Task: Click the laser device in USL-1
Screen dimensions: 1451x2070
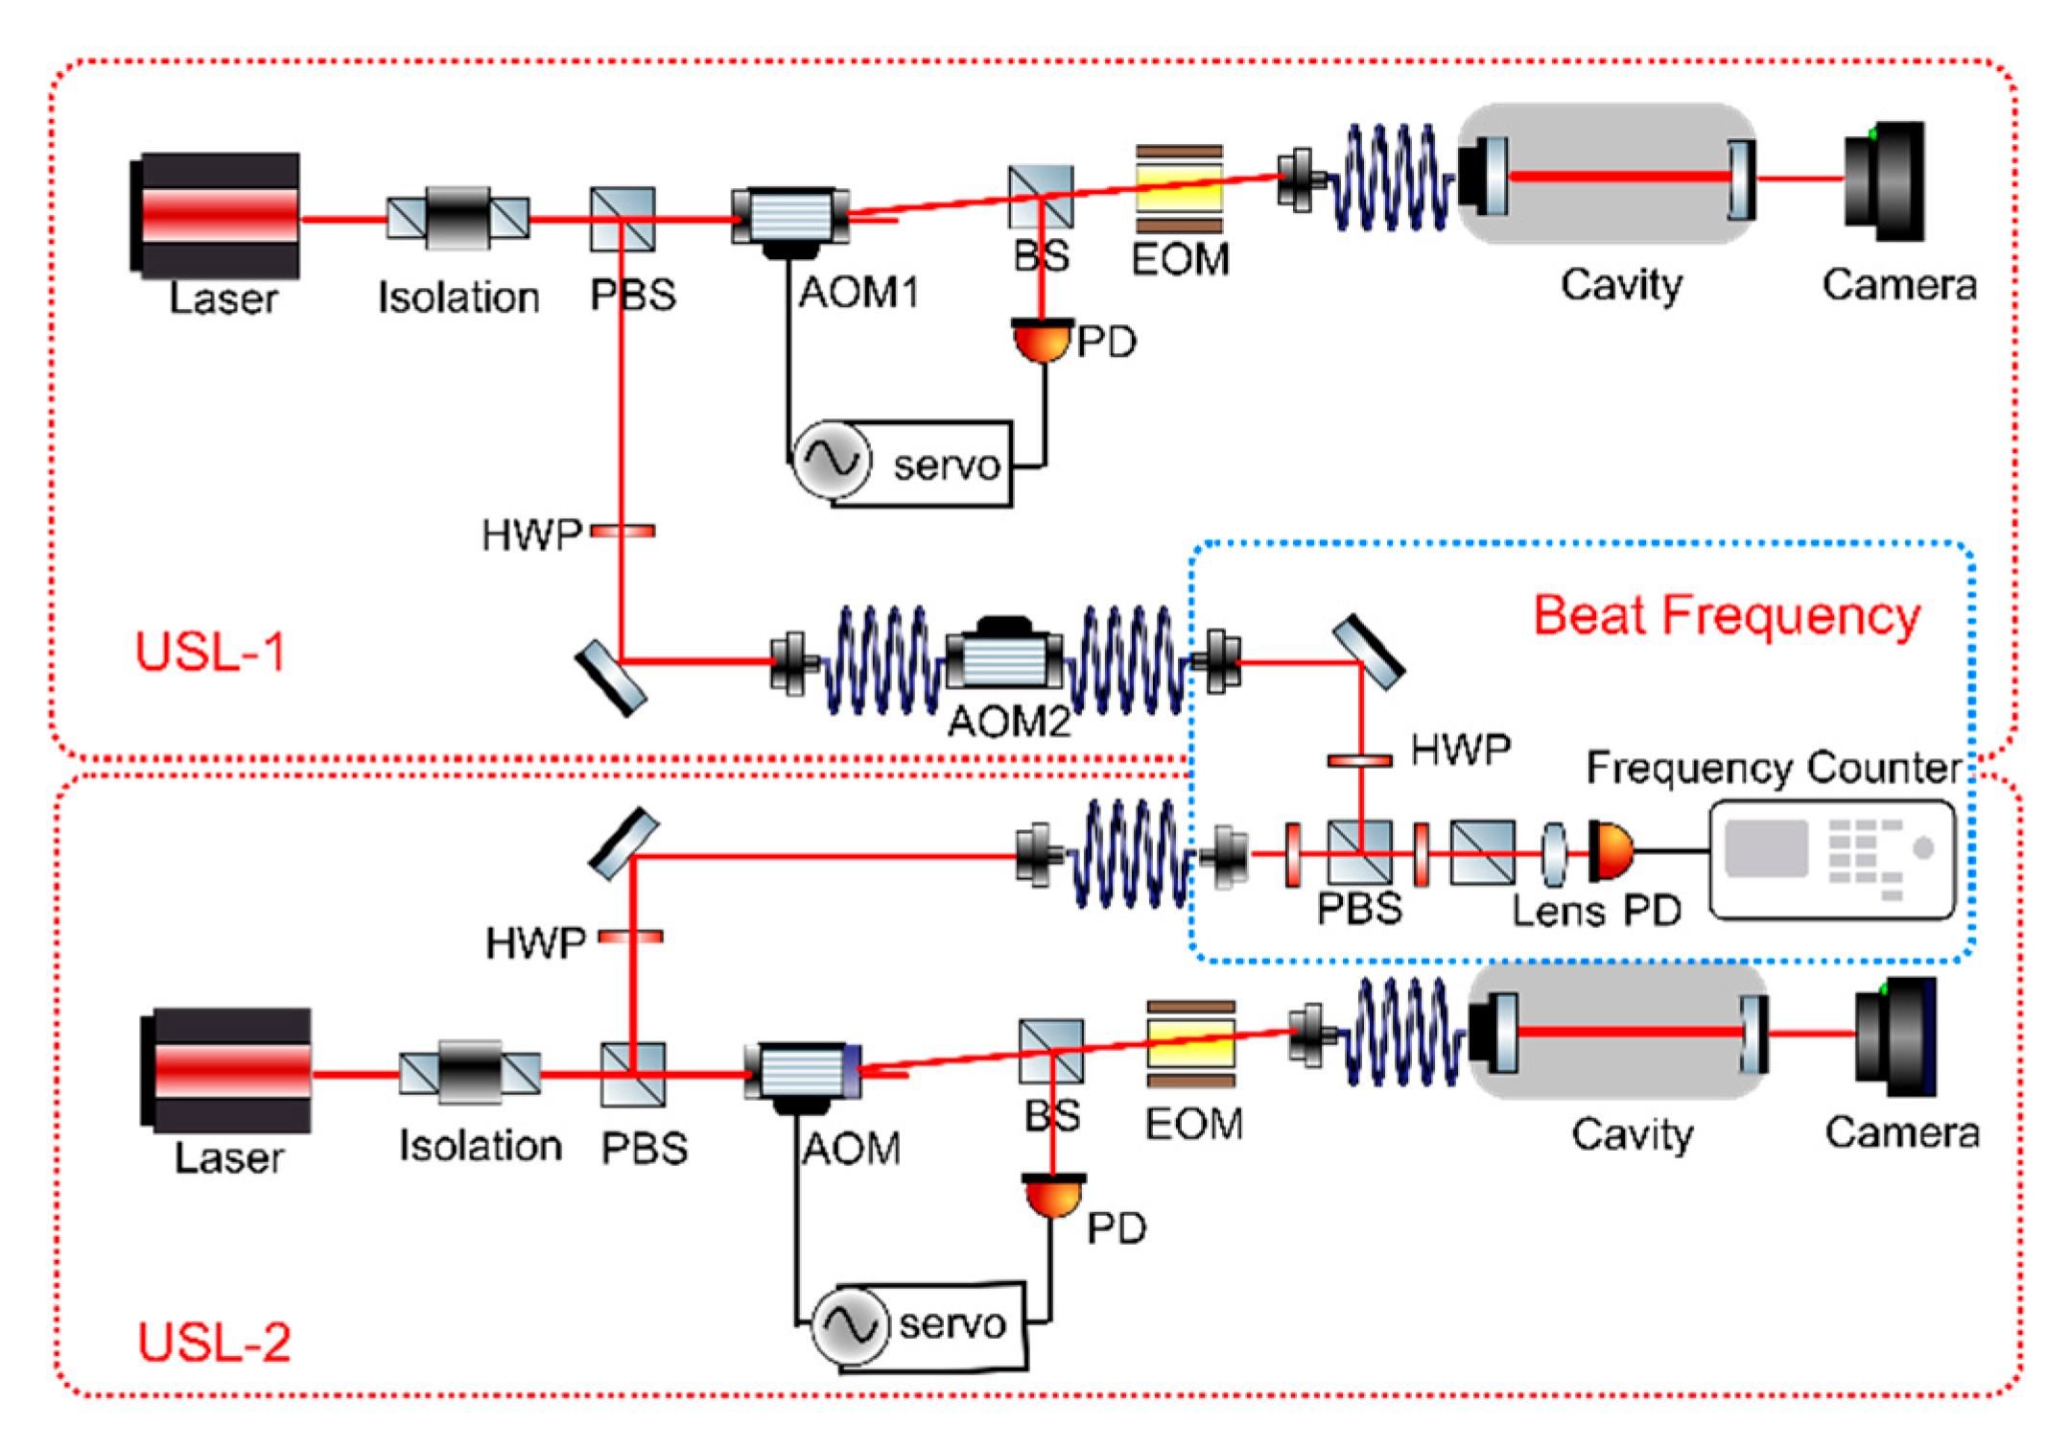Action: click(x=217, y=215)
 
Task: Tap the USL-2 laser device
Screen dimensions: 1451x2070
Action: click(x=228, y=1069)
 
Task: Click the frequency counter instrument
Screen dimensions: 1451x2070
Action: click(x=1832, y=860)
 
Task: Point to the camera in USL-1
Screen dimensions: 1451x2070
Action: click(x=1886, y=180)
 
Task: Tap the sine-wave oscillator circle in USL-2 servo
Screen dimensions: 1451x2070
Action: click(x=849, y=1325)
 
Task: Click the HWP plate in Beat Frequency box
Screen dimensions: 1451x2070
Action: click(x=1359, y=761)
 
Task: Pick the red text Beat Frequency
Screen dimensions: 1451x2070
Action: click(x=1726, y=616)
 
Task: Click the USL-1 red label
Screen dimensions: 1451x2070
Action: click(x=210, y=653)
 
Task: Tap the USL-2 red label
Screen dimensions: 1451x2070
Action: click(x=214, y=1341)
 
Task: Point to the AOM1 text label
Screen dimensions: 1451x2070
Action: click(x=859, y=293)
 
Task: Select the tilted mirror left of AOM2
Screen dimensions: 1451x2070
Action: click(x=611, y=678)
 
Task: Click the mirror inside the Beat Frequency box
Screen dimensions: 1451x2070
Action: click(x=1369, y=652)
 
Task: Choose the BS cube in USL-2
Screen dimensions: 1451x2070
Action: click(x=1051, y=1051)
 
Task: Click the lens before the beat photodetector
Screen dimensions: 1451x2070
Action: click(x=1554, y=852)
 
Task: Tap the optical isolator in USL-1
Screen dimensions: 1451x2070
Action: click(x=458, y=218)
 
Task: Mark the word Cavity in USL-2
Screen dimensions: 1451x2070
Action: click(x=1632, y=1134)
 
